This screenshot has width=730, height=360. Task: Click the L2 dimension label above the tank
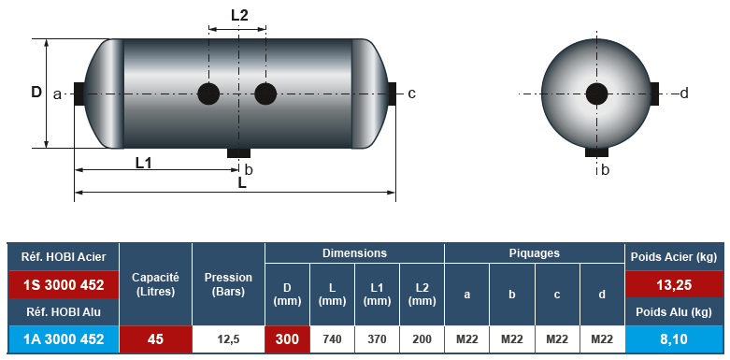pos(239,15)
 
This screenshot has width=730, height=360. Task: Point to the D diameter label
pos(36,93)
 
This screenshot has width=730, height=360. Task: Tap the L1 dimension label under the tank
pos(143,163)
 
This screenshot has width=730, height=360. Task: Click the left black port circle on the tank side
pos(208,94)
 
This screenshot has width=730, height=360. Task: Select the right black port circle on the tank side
pos(265,94)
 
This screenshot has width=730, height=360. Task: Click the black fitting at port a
pos(79,94)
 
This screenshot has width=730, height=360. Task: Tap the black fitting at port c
pos(392,94)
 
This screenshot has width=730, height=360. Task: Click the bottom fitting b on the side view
pos(239,152)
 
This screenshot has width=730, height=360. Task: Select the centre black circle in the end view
pos(597,94)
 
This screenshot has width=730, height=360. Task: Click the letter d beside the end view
pos(684,94)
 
